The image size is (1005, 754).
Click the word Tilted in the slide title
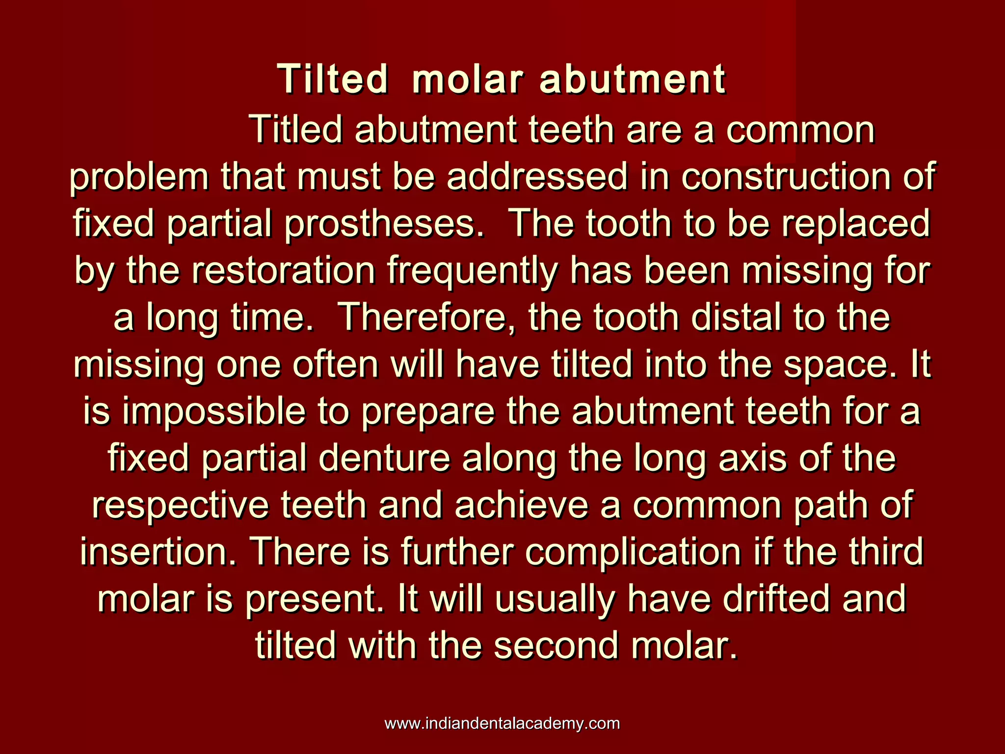click(x=333, y=80)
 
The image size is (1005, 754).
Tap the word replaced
click(x=856, y=223)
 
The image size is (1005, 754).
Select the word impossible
click(x=213, y=412)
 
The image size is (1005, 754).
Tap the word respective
click(x=180, y=506)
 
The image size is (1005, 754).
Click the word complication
click(x=633, y=552)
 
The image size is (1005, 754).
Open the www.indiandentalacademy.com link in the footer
click(x=502, y=724)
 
